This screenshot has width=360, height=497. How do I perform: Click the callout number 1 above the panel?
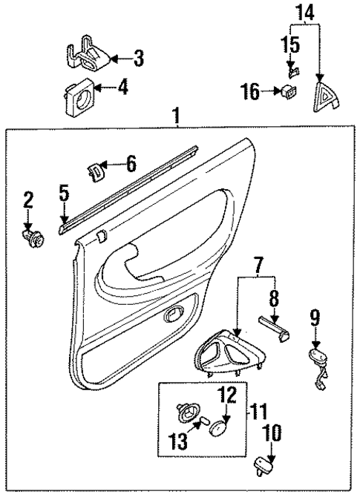(x=176, y=116)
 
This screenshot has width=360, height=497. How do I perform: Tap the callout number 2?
(x=28, y=199)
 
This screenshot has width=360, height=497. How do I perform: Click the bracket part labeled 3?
(x=86, y=56)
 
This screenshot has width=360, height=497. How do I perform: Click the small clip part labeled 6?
(x=96, y=171)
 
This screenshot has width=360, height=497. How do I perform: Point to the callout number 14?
(x=306, y=12)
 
